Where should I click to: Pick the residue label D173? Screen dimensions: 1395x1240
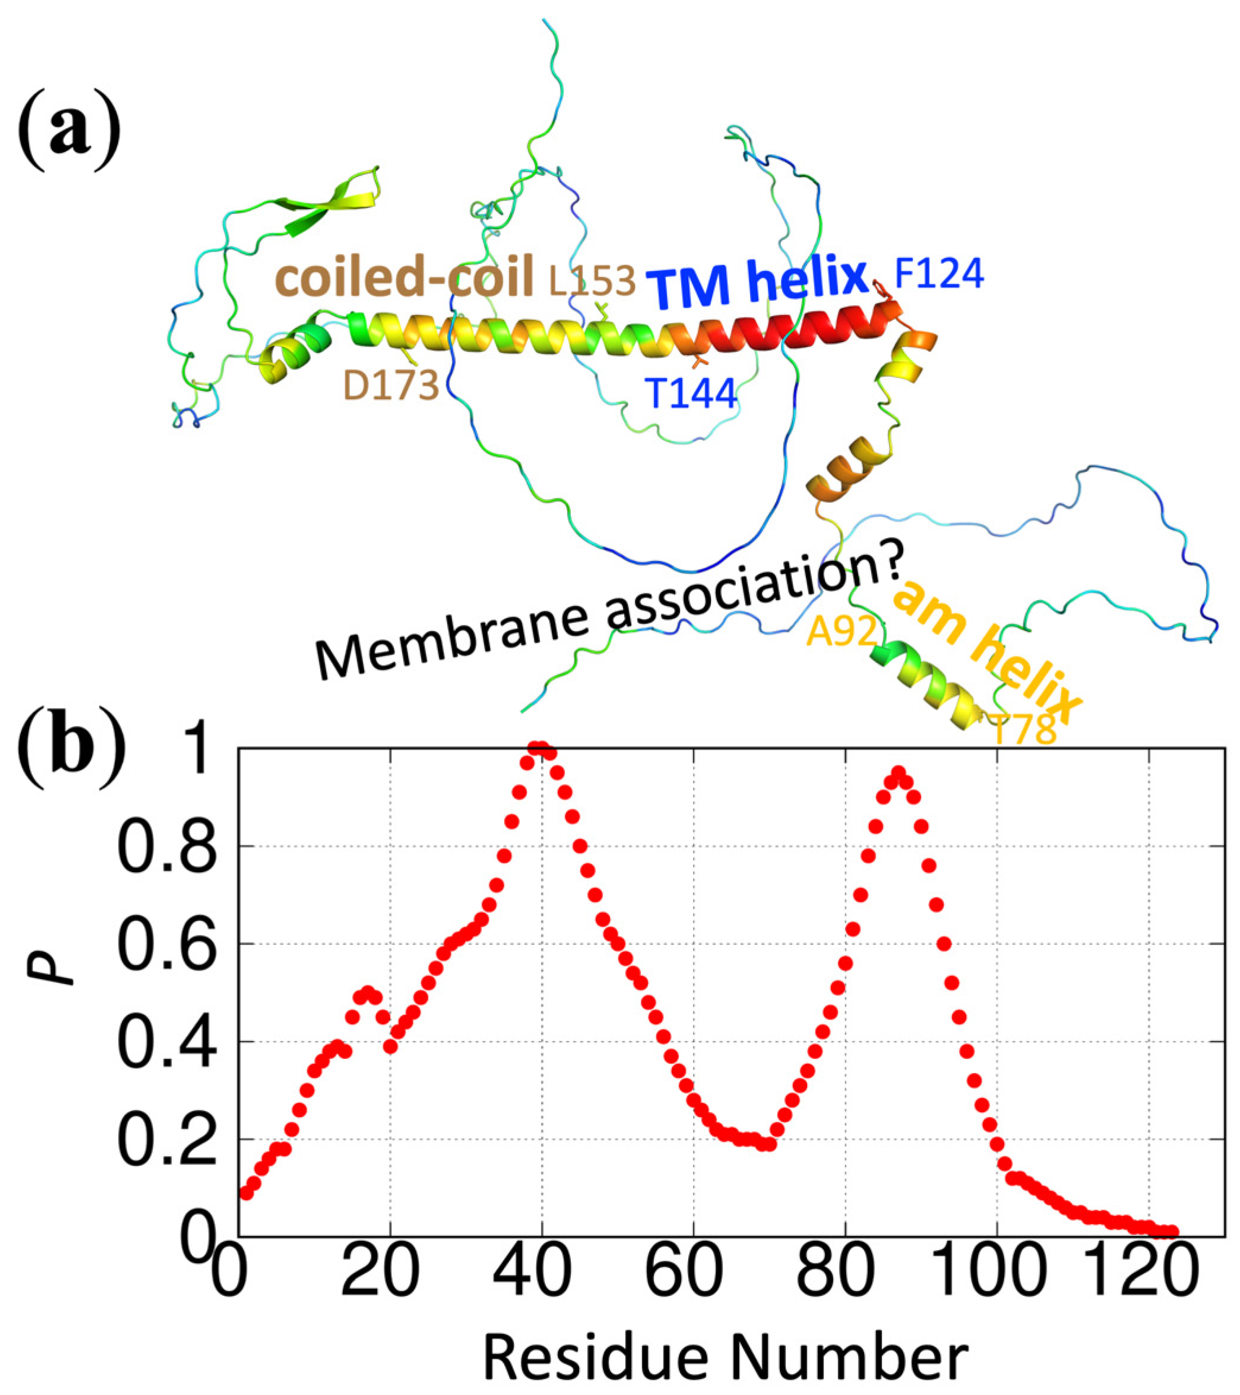pos(391,386)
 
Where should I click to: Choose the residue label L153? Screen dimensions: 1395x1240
pos(593,280)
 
